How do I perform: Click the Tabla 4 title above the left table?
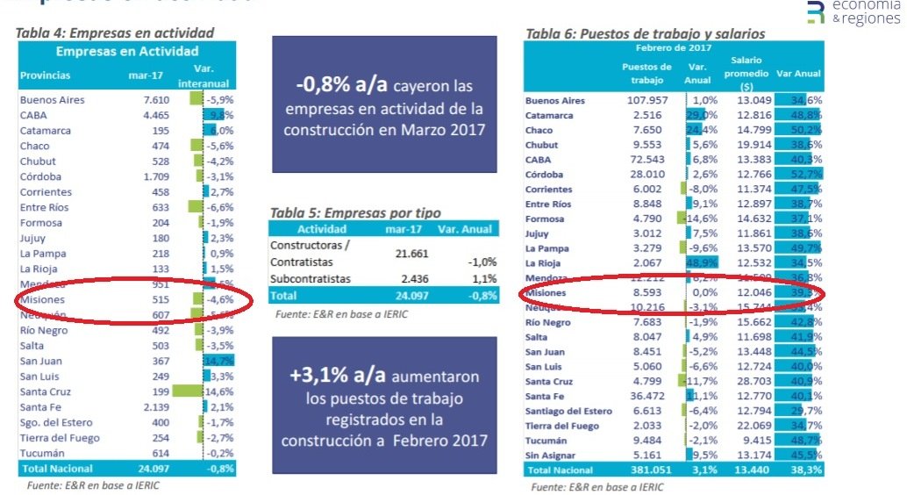(x=115, y=33)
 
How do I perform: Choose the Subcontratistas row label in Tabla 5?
(x=311, y=278)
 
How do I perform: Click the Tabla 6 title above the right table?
(x=645, y=33)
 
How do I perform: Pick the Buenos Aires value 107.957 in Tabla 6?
(x=648, y=100)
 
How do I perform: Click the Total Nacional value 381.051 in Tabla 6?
(x=647, y=470)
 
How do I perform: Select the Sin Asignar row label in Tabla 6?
(x=551, y=455)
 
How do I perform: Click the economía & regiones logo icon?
(x=816, y=11)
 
